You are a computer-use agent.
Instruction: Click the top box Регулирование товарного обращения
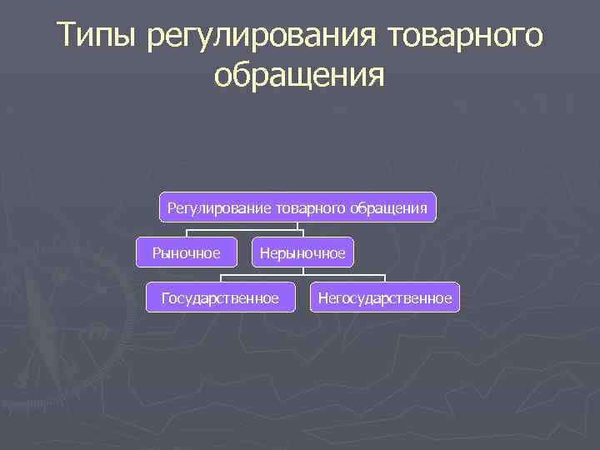pos(297,207)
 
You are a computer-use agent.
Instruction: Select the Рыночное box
pos(186,252)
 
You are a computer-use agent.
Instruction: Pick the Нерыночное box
pos(302,252)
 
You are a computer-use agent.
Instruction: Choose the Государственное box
pos(221,297)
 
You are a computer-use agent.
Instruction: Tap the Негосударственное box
pos(384,297)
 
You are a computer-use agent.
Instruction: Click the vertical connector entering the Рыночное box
pos(186,232)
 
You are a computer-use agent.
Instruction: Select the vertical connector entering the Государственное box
pos(221,277)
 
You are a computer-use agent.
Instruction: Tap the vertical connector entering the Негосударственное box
pos(384,277)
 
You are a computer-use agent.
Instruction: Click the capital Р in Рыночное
pos(156,252)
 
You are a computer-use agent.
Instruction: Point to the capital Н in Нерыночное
pos(264,252)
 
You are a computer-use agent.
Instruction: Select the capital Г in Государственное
pos(167,297)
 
